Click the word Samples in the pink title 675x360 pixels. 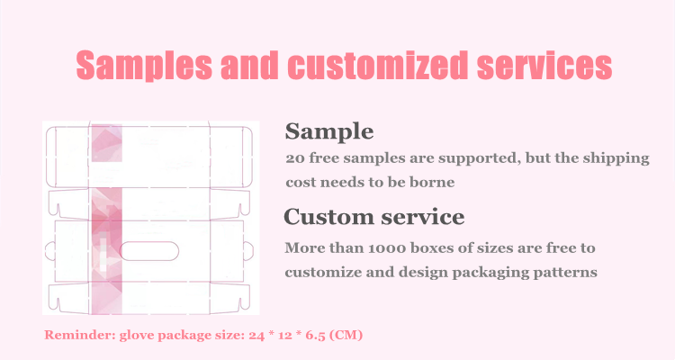[x=144, y=65]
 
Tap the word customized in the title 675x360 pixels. [x=377, y=65]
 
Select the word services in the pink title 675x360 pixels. [x=544, y=65]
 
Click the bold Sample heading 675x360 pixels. [x=329, y=131]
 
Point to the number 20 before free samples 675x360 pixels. [x=295, y=158]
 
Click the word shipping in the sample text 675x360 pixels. [x=616, y=159]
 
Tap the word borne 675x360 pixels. [x=432, y=182]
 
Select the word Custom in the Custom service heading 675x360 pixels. [x=328, y=216]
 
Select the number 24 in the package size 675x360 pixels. [x=256, y=335]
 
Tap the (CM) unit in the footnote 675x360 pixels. [x=346, y=335]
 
